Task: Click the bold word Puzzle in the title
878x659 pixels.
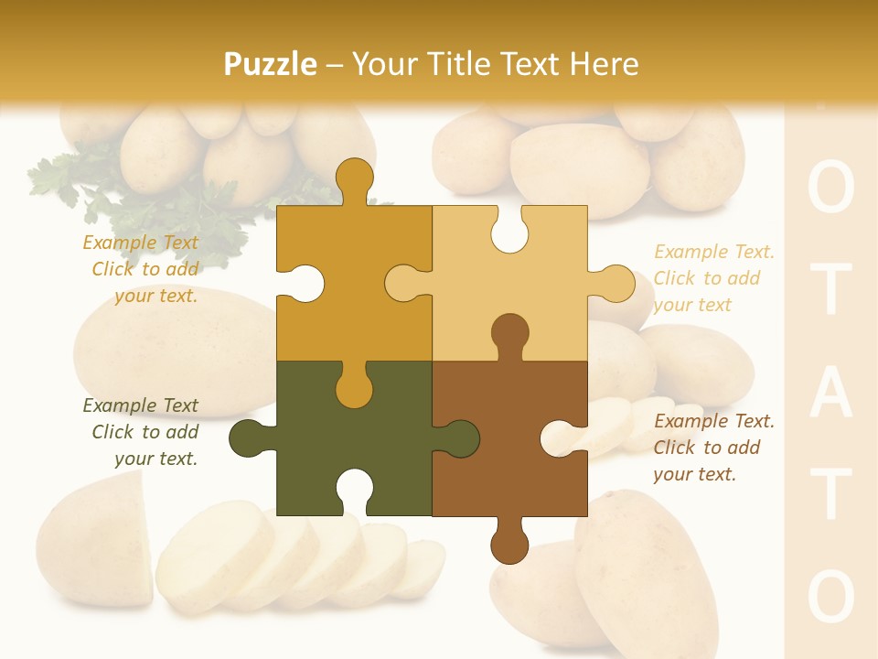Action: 271,64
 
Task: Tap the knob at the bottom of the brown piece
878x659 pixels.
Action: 509,545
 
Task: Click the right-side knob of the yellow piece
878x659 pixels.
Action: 616,283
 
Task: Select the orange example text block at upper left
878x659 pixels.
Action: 141,269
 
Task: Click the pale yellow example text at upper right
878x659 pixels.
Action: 713,278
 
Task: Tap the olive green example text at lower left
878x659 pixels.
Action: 141,432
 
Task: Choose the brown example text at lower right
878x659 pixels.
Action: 713,448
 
